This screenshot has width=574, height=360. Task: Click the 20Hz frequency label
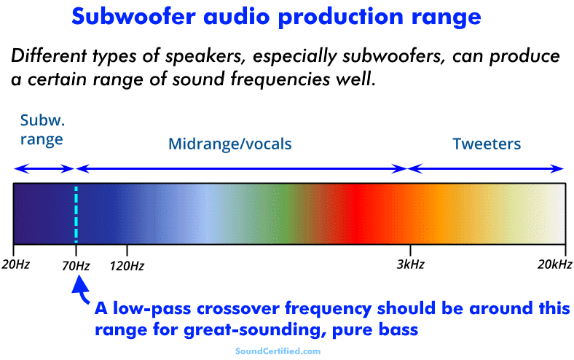(15, 264)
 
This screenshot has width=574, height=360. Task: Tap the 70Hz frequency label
(75, 265)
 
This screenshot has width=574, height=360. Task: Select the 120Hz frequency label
(127, 264)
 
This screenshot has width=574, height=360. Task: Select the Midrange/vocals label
(229, 144)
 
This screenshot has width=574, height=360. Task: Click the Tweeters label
(487, 144)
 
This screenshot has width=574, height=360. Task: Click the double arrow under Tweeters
(487, 169)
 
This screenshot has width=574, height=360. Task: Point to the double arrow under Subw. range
(44, 169)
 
